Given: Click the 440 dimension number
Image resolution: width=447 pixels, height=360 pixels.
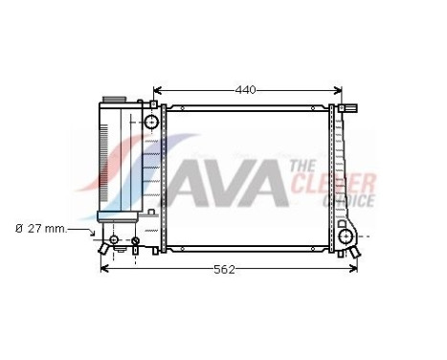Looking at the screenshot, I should tap(246, 90).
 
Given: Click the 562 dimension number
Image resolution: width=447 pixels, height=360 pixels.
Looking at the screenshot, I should tap(222, 269).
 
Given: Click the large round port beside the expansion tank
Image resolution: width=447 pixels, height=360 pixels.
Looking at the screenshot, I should tap(151, 123).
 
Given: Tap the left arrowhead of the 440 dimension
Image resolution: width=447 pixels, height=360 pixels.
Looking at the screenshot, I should tap(157, 90).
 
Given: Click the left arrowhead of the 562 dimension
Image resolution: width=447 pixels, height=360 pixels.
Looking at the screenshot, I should tap(103, 269).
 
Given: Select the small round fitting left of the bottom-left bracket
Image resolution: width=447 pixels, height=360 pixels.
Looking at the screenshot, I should tap(114, 239).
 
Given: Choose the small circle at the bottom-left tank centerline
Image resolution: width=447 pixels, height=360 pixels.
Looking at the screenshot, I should tap(135, 240).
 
